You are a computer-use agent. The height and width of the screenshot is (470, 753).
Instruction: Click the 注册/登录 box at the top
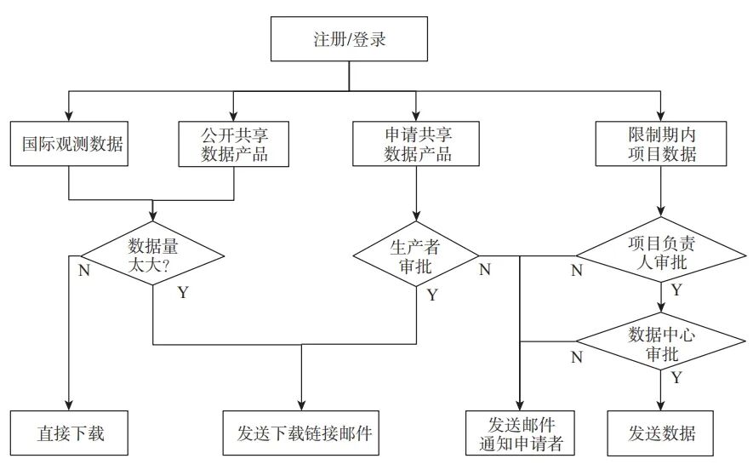pos(350,40)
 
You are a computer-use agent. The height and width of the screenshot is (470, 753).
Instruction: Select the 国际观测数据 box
pos(69,144)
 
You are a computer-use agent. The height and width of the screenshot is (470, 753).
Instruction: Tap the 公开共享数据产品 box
pos(234,144)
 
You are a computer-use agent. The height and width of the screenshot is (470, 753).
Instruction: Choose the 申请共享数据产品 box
pos(417,144)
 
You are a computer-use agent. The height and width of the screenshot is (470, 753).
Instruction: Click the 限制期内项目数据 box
pos(661,144)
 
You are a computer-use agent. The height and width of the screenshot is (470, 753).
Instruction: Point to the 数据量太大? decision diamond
pos(152,255)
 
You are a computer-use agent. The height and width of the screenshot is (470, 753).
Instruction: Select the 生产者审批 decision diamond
pos(417,255)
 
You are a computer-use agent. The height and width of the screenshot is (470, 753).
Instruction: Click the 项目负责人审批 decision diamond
pos(661,254)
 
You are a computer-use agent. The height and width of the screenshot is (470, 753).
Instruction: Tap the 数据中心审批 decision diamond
pos(661,343)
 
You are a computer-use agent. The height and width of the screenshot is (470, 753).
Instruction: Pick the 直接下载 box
pos(69,433)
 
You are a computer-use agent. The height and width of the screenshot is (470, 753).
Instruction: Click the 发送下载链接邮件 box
pos(302,433)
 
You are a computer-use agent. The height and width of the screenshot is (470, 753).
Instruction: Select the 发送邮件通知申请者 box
pos(519,433)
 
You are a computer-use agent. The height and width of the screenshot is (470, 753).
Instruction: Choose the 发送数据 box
pos(661,433)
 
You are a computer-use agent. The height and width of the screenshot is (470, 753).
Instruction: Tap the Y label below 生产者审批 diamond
pos(431,295)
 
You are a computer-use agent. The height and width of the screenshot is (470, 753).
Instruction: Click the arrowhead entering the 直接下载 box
pos(69,406)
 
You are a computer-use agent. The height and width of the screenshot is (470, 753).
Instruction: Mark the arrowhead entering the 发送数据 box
pos(661,406)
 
